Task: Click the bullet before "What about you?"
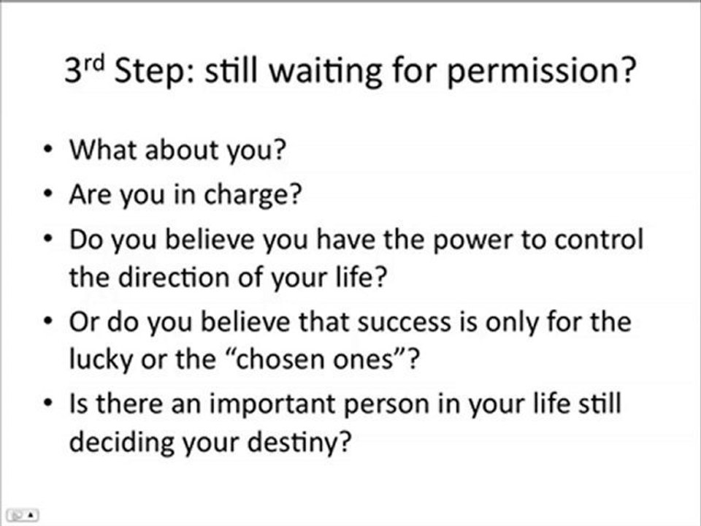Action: [x=47, y=151]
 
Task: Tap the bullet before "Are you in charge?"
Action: [x=47, y=196]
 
